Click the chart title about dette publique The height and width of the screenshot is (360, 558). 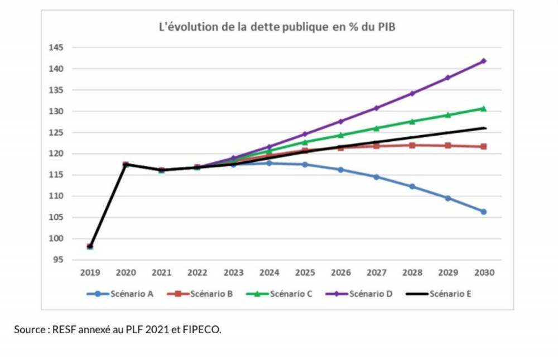(x=277, y=27)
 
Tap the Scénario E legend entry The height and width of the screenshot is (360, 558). (x=450, y=293)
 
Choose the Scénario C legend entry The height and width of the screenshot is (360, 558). (x=290, y=293)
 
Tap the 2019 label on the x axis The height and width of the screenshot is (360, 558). (x=90, y=272)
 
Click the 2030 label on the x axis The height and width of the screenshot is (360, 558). (x=484, y=272)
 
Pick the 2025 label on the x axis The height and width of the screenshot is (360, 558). (x=305, y=272)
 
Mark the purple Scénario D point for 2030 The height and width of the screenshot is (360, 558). (x=484, y=61)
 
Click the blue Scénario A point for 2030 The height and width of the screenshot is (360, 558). (x=484, y=212)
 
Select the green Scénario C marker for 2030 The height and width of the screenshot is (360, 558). (x=484, y=108)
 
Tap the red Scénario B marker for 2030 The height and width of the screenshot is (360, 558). (x=484, y=146)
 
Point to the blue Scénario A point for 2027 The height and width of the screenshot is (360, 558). (x=377, y=177)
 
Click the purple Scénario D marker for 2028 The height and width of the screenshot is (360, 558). (x=412, y=93)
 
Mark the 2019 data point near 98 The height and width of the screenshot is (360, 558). (x=90, y=246)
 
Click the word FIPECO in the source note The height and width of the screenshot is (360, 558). (x=203, y=330)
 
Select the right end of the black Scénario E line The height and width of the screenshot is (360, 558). (x=485, y=128)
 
